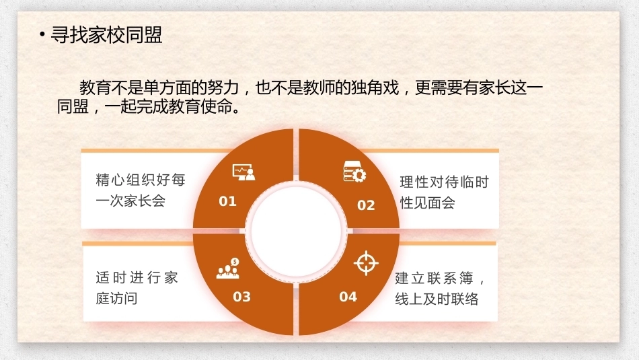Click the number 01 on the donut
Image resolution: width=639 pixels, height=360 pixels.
pos(227,201)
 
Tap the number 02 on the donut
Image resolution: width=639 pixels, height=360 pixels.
pos(365,205)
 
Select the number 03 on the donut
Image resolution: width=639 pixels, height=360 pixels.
pos(241,296)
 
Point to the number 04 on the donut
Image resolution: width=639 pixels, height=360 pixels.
pos(348,296)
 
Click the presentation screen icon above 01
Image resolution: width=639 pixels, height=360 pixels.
pos(243,172)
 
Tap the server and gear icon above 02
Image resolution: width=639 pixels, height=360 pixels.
pos(354,171)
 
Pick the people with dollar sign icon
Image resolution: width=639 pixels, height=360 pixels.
pos(228,268)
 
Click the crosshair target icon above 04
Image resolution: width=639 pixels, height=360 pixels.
pos(366,263)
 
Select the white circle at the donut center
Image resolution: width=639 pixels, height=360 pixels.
pos(296,231)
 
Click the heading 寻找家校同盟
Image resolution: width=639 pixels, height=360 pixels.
pos(107,35)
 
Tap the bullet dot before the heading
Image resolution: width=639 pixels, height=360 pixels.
pos(42,35)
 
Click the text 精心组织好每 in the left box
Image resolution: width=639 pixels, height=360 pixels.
pos(141,180)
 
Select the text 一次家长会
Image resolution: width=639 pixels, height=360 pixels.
pos(130,201)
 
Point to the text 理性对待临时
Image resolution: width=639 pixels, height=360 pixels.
pos(444,182)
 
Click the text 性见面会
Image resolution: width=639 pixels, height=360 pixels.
pos(428,203)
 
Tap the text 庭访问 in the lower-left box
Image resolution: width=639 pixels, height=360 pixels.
pos(116,299)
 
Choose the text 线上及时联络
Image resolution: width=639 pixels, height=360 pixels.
pos(437,299)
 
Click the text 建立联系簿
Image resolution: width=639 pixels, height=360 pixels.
pos(434,278)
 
